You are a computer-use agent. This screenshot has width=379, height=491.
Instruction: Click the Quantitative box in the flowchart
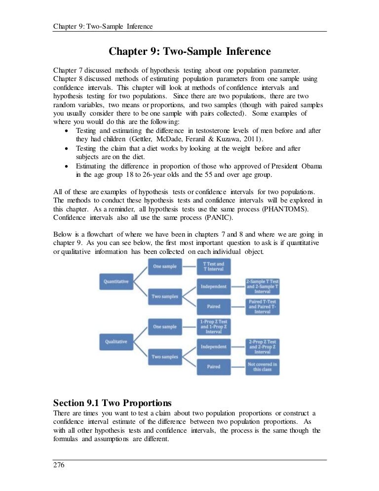tap(116, 282)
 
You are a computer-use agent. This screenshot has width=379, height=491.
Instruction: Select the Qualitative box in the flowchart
tap(116, 341)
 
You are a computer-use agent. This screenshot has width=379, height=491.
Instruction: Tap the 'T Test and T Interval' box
tap(213, 267)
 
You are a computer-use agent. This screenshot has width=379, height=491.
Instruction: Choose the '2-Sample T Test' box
tap(263, 286)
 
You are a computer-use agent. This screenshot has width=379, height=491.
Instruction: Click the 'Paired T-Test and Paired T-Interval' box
tap(263, 306)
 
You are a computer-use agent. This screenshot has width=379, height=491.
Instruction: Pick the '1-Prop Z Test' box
tap(213, 327)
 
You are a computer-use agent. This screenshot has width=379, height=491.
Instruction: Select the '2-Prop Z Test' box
tap(263, 346)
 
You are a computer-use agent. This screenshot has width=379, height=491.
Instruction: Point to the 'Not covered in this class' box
tap(263, 367)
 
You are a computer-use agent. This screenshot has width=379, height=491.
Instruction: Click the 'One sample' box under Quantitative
tap(164, 267)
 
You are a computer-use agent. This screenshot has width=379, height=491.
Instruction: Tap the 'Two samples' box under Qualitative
tap(164, 356)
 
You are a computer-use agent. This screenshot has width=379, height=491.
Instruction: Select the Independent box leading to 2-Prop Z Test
tap(213, 346)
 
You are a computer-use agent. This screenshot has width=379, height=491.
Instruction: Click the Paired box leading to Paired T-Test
tap(213, 306)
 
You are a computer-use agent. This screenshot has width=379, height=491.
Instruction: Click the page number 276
tap(59, 465)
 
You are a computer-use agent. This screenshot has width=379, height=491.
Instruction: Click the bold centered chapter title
tap(189, 51)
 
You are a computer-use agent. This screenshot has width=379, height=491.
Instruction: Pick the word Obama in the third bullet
tap(311, 166)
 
